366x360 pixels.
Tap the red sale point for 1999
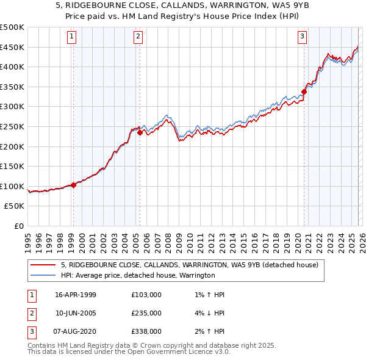point(74,185)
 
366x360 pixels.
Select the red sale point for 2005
point(140,132)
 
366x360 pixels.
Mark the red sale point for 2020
point(303,92)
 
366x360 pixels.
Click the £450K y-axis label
point(12,47)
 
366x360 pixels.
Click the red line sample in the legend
point(43,265)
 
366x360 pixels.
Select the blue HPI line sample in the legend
point(43,276)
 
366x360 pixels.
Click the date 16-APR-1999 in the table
point(76,295)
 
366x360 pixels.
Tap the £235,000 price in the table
point(146,313)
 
